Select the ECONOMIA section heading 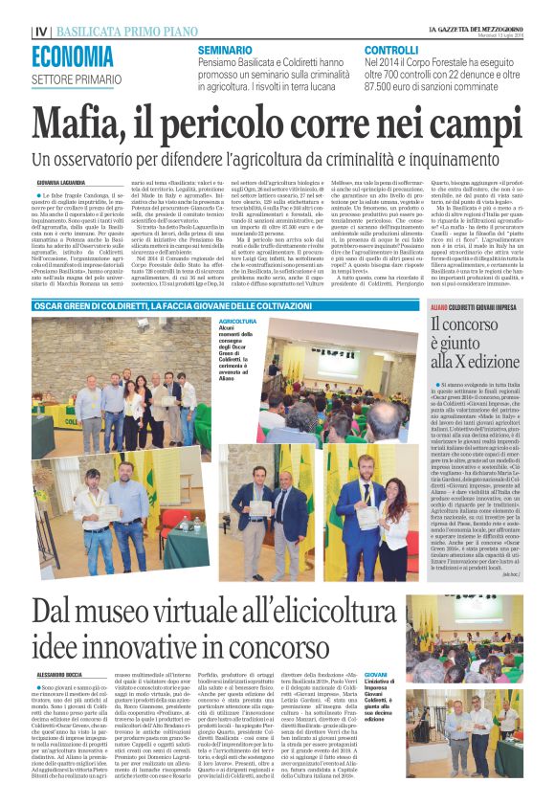click(x=73, y=56)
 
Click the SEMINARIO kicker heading click(x=225, y=49)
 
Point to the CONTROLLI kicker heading click(x=392, y=49)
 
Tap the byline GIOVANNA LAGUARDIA click(x=61, y=181)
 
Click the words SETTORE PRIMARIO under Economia click(x=71, y=79)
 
